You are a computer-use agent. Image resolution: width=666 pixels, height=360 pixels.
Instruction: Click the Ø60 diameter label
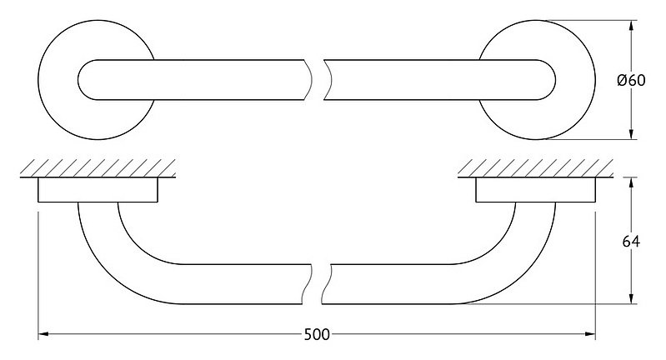point(631,80)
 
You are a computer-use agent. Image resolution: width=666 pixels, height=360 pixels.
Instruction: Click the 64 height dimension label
point(631,242)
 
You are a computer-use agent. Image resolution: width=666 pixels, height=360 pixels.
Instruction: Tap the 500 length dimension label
point(317,335)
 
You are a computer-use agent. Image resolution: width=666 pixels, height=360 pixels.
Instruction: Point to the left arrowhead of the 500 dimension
point(43,334)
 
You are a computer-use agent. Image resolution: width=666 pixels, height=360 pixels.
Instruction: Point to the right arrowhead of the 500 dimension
point(590,334)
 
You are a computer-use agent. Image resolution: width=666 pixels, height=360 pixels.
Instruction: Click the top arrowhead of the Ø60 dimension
point(631,26)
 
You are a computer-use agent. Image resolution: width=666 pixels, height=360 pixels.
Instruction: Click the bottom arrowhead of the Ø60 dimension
point(631,134)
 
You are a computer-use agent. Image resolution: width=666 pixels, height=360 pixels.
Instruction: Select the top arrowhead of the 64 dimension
point(631,182)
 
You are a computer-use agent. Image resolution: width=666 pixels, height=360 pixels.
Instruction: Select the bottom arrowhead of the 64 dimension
point(631,298)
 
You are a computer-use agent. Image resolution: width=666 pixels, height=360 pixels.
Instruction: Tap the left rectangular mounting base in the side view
point(98,189)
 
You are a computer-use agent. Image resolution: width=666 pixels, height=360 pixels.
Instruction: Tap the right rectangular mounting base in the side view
point(536,189)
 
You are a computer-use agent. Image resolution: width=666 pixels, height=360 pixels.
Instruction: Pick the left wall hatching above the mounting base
point(98,168)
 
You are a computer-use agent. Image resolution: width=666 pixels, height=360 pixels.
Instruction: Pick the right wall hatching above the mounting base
point(535,168)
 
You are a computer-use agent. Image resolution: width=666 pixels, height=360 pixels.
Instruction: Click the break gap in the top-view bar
point(318,80)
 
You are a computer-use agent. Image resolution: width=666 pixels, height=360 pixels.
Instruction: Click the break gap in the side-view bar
point(317,284)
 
